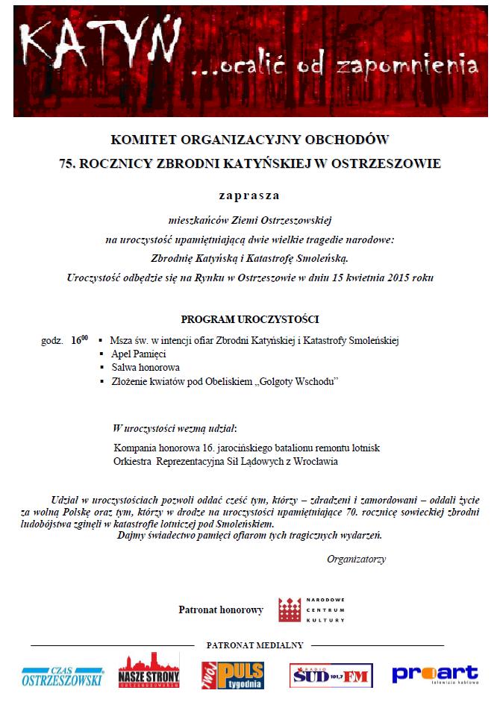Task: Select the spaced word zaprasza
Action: (249, 195)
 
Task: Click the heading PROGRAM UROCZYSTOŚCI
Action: (249, 319)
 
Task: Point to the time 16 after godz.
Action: (78, 340)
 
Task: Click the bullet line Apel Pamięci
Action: (138, 354)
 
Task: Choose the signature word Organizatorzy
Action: (356, 559)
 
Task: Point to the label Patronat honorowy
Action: (221, 610)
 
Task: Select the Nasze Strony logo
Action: (149, 671)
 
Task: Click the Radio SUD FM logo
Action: (331, 676)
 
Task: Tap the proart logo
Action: (434, 674)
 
